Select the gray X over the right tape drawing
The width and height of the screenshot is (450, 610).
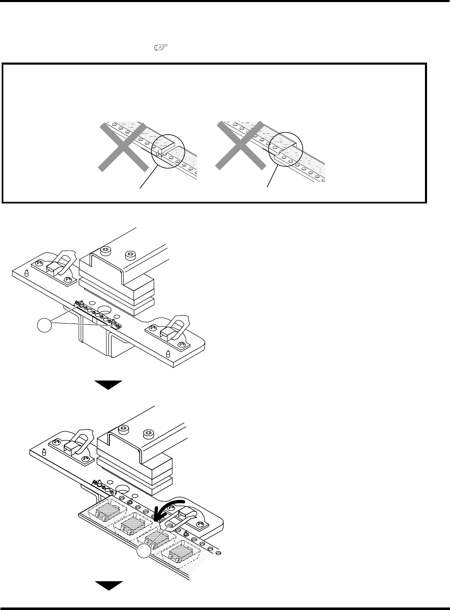point(240,146)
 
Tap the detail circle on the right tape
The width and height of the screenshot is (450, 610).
point(286,149)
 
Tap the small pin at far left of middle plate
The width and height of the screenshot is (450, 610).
point(26,273)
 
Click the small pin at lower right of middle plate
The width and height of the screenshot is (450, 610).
point(168,354)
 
